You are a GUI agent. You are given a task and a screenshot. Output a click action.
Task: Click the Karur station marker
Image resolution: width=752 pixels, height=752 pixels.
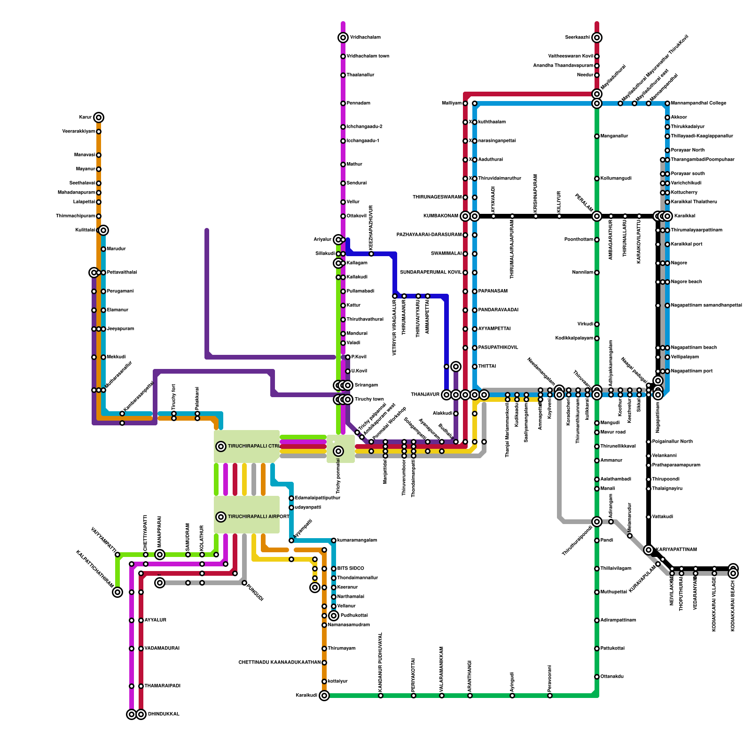coord(99,117)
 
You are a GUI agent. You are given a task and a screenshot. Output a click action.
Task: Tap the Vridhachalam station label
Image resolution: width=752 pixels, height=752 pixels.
coord(365,38)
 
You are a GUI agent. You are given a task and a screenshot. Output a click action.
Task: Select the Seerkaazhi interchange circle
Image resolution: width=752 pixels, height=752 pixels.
coord(597,38)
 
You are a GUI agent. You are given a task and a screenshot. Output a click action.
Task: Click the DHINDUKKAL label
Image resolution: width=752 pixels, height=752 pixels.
coord(164,714)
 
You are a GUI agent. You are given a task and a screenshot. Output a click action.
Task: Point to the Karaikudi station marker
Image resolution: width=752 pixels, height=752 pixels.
coord(324,696)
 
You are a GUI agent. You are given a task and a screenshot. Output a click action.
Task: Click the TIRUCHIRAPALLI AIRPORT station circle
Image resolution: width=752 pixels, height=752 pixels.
coord(221,517)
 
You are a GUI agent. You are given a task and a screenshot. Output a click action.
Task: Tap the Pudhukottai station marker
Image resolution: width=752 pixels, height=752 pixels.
coord(334,616)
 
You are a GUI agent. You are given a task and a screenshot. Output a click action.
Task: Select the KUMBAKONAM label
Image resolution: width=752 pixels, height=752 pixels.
coord(440,216)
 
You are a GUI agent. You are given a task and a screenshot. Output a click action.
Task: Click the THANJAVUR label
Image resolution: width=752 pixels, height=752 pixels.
coord(425,395)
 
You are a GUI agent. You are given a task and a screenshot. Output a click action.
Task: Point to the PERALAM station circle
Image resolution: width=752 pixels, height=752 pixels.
coord(597,216)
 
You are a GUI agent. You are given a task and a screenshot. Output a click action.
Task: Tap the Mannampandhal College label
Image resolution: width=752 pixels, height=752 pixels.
coord(698,103)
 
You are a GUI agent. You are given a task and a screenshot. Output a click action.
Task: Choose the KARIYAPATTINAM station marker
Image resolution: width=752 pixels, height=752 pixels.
coord(649,550)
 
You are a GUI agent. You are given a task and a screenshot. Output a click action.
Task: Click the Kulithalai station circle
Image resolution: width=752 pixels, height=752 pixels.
coord(103,230)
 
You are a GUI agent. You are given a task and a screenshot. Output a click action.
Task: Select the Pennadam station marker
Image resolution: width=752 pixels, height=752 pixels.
coord(343,103)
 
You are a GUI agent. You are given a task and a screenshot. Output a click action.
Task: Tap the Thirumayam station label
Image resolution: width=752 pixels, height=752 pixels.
coord(341,649)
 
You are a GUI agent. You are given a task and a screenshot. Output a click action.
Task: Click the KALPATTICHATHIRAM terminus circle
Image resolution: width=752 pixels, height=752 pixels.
coord(117,592)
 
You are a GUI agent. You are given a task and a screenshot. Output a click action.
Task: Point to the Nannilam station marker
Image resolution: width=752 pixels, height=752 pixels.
coord(597,273)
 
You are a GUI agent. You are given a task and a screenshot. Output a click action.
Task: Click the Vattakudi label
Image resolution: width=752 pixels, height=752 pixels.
coord(663,517)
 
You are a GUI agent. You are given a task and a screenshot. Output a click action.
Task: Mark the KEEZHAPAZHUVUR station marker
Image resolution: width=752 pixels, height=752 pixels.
coord(371,254)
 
